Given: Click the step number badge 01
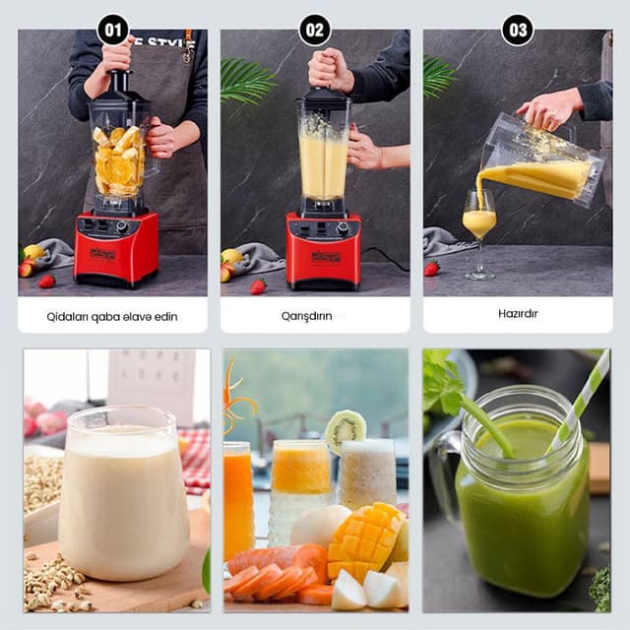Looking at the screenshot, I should coord(113,30).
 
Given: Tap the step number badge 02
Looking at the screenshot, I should coord(315,30).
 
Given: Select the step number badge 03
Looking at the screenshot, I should coord(518,30).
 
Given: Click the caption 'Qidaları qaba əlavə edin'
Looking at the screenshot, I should coord(112,316).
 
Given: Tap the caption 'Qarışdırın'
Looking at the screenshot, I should coord(315,316).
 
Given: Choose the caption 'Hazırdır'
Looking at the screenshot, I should coord(518,314).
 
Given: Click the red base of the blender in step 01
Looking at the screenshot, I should coord(115,251).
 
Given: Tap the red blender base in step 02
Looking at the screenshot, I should coord(323,253).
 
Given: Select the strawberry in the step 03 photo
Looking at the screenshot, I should coord(431,268).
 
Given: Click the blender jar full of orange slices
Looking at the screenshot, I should coord(120,157).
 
